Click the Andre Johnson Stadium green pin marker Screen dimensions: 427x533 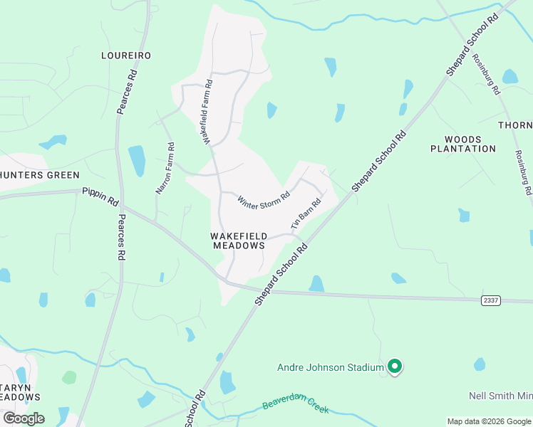point(395,367)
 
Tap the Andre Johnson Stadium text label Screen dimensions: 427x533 point(331,368)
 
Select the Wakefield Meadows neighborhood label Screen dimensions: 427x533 point(239,241)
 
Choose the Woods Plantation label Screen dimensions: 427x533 point(463,144)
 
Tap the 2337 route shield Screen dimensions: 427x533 point(490,300)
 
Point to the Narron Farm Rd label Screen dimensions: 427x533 point(165,169)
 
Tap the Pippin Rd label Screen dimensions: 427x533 point(100,196)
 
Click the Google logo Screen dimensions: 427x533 point(24,418)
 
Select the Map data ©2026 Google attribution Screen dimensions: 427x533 point(488,421)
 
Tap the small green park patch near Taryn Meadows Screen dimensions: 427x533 point(69,377)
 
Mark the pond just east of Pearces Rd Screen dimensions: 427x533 point(136,160)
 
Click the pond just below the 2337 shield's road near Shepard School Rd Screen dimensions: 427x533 point(316,284)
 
